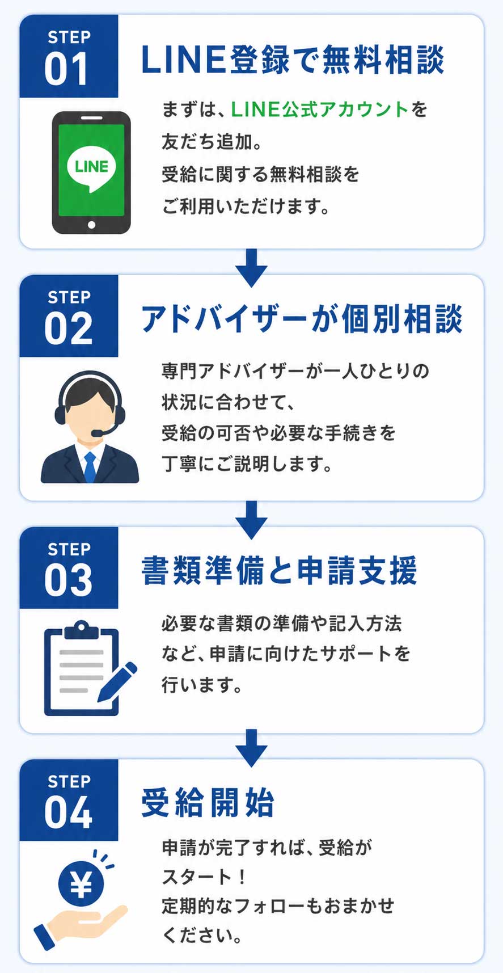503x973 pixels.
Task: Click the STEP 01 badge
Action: point(69,57)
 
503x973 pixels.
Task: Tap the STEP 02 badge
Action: point(69,317)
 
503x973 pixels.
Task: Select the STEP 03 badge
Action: point(69,568)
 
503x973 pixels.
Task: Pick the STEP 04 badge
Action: point(69,801)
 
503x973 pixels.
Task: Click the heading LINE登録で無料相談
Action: point(292,60)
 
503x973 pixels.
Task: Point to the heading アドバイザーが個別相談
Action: point(301,319)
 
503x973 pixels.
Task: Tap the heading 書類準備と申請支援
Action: point(279,571)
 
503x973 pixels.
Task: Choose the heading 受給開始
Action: point(208,802)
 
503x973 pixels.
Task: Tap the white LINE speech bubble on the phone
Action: point(91,167)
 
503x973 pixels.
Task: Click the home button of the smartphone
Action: point(91,225)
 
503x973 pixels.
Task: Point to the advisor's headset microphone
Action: point(97,433)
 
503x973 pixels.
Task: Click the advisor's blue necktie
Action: point(90,466)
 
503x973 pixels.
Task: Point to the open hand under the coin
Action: point(85,922)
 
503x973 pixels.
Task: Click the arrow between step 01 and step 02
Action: point(251,267)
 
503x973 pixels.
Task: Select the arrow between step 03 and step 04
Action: point(251,747)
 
